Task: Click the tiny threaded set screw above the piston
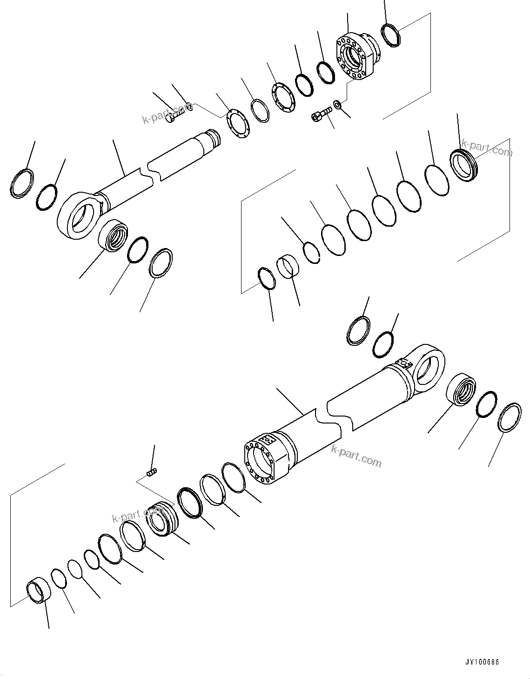pos(152,473)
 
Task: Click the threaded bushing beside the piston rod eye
pos(113,236)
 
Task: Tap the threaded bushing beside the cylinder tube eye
pos(461,389)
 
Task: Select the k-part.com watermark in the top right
pos(486,149)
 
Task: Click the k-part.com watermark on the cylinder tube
pos(356,455)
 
